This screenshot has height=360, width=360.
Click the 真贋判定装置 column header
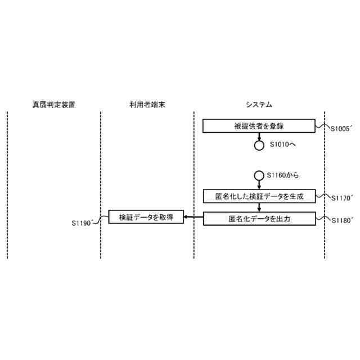[x=54, y=105]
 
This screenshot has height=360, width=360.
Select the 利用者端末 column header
[x=147, y=105]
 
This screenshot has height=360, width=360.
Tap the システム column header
[x=259, y=105]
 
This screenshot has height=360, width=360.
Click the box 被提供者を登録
[x=259, y=125]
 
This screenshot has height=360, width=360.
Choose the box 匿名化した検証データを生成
[x=259, y=196]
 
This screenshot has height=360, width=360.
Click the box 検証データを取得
[x=146, y=217]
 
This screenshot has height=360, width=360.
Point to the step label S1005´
[x=341, y=129]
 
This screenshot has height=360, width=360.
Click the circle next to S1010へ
[x=259, y=145]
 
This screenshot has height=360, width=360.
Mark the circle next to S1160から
[x=259, y=175]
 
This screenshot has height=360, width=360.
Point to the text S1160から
[x=283, y=175]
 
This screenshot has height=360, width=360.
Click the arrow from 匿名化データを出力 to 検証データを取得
[x=193, y=217]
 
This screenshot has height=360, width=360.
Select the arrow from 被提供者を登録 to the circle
[x=259, y=136]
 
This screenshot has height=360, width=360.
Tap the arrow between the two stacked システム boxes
[x=259, y=207]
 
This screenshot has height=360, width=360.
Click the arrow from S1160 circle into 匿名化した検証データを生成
[x=259, y=184]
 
